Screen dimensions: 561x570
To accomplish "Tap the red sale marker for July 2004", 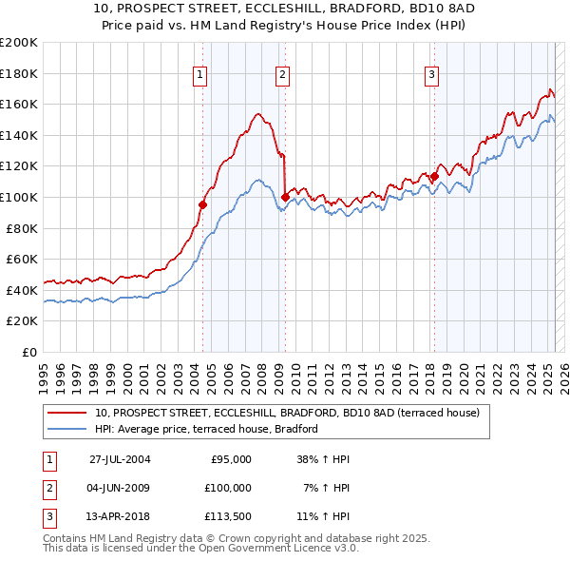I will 202,204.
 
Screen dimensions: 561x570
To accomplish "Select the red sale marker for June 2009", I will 285,197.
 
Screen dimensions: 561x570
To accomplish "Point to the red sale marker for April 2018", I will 434,176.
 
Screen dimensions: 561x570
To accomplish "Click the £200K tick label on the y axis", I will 19,43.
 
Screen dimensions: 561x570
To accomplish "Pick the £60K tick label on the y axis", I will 22,259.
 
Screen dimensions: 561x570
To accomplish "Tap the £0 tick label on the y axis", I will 28,352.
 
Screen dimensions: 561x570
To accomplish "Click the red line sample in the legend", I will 68,414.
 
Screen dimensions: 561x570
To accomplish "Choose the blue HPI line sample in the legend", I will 68,429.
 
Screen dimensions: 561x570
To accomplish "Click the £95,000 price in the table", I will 230,459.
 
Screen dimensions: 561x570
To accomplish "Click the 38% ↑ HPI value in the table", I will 324,459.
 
